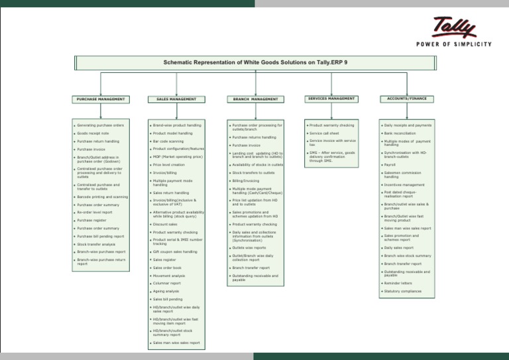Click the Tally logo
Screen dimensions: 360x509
tap(455, 27)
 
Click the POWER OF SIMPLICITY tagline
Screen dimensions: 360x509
tap(453, 44)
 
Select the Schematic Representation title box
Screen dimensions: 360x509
tap(255, 62)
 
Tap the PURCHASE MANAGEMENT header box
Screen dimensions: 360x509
tap(101, 99)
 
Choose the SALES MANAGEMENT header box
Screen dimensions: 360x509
tap(176, 99)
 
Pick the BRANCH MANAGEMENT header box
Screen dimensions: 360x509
tap(255, 99)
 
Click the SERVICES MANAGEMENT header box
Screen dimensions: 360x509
tap(331, 98)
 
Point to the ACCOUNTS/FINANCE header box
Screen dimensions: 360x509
tap(407, 98)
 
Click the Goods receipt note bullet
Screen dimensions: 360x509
tap(93, 133)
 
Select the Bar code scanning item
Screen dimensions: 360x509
tap(168, 141)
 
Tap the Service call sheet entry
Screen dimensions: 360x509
tap(324, 133)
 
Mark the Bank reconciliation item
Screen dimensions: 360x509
tap(400, 133)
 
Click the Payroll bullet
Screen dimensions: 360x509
tap(390, 165)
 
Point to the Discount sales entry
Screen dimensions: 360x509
tap(165, 224)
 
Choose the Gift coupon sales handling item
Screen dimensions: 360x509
tap(175, 252)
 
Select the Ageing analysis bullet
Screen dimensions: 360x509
tap(166, 291)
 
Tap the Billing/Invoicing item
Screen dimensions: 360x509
tap(246, 180)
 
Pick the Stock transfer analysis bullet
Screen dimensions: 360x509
tap(96, 244)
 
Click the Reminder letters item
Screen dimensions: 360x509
tap(398, 283)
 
